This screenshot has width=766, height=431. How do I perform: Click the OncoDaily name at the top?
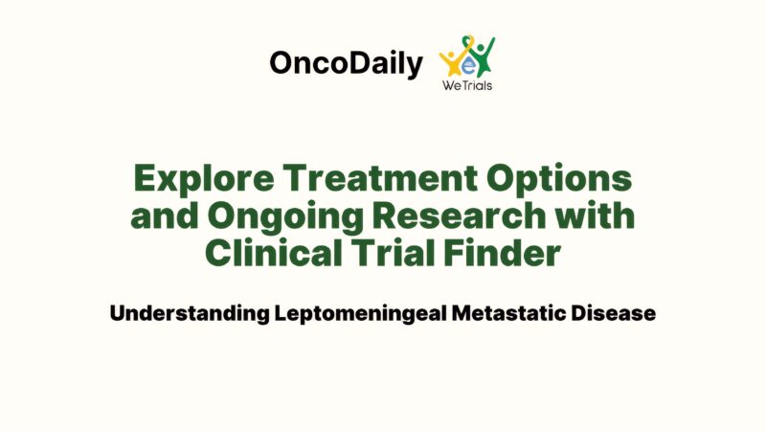(x=346, y=64)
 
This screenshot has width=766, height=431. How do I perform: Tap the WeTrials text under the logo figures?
(x=468, y=85)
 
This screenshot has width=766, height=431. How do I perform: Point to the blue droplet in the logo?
(x=468, y=64)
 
